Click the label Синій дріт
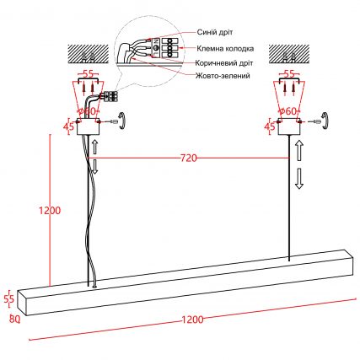(x=215, y=32)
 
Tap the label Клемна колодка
(x=225, y=49)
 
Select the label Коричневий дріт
(x=224, y=63)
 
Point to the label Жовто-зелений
(x=223, y=76)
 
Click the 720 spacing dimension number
(x=188, y=159)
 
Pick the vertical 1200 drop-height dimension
(x=50, y=210)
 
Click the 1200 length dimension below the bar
(x=192, y=320)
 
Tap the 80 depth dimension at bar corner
(x=14, y=319)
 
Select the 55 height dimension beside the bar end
(x=9, y=299)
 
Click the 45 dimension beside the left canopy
(x=68, y=126)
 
